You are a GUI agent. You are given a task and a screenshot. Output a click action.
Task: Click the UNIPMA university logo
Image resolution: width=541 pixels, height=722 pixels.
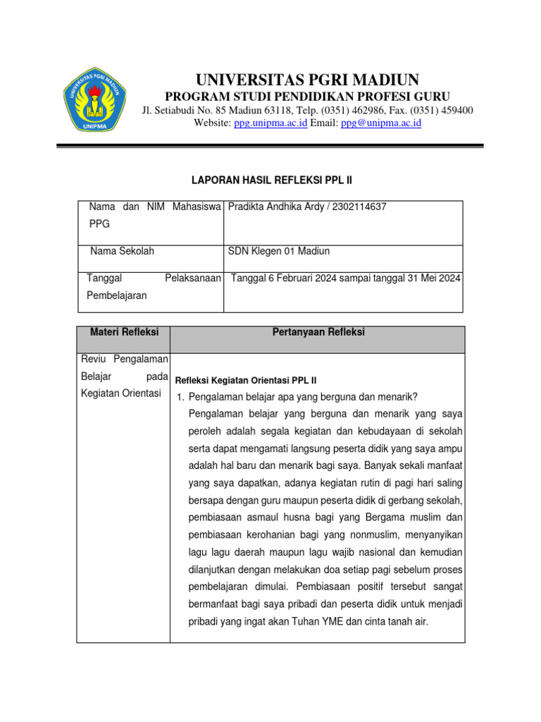pyautogui.click(x=94, y=99)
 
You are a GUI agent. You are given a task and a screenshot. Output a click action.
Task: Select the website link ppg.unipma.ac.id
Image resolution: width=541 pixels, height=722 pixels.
pyautogui.click(x=270, y=123)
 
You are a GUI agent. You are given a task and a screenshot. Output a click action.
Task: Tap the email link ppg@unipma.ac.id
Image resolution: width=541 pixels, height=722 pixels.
pyautogui.click(x=380, y=123)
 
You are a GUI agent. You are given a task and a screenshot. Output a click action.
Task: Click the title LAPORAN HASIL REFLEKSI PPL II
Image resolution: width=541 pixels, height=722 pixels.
pyautogui.click(x=271, y=180)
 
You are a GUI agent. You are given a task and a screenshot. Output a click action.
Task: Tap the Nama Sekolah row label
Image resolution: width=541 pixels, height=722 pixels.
pyautogui.click(x=122, y=251)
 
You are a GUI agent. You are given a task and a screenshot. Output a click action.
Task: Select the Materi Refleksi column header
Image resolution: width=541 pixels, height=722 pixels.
pyautogui.click(x=123, y=332)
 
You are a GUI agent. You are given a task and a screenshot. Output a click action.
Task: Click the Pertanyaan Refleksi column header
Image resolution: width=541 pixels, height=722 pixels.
pyautogui.click(x=318, y=332)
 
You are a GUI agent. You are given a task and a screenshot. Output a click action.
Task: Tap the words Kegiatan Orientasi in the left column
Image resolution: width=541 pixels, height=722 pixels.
pyautogui.click(x=121, y=393)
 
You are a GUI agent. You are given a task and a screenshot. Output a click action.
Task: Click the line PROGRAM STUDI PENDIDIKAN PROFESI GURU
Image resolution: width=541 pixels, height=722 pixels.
pyautogui.click(x=307, y=96)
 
